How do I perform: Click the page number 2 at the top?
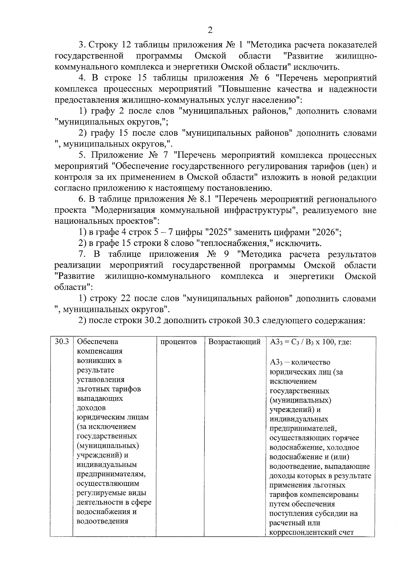(x=210, y=30)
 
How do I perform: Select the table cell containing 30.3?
(x=62, y=342)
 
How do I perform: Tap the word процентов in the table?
(x=179, y=342)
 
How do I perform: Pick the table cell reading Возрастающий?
(x=234, y=342)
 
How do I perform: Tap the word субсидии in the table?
(x=333, y=513)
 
